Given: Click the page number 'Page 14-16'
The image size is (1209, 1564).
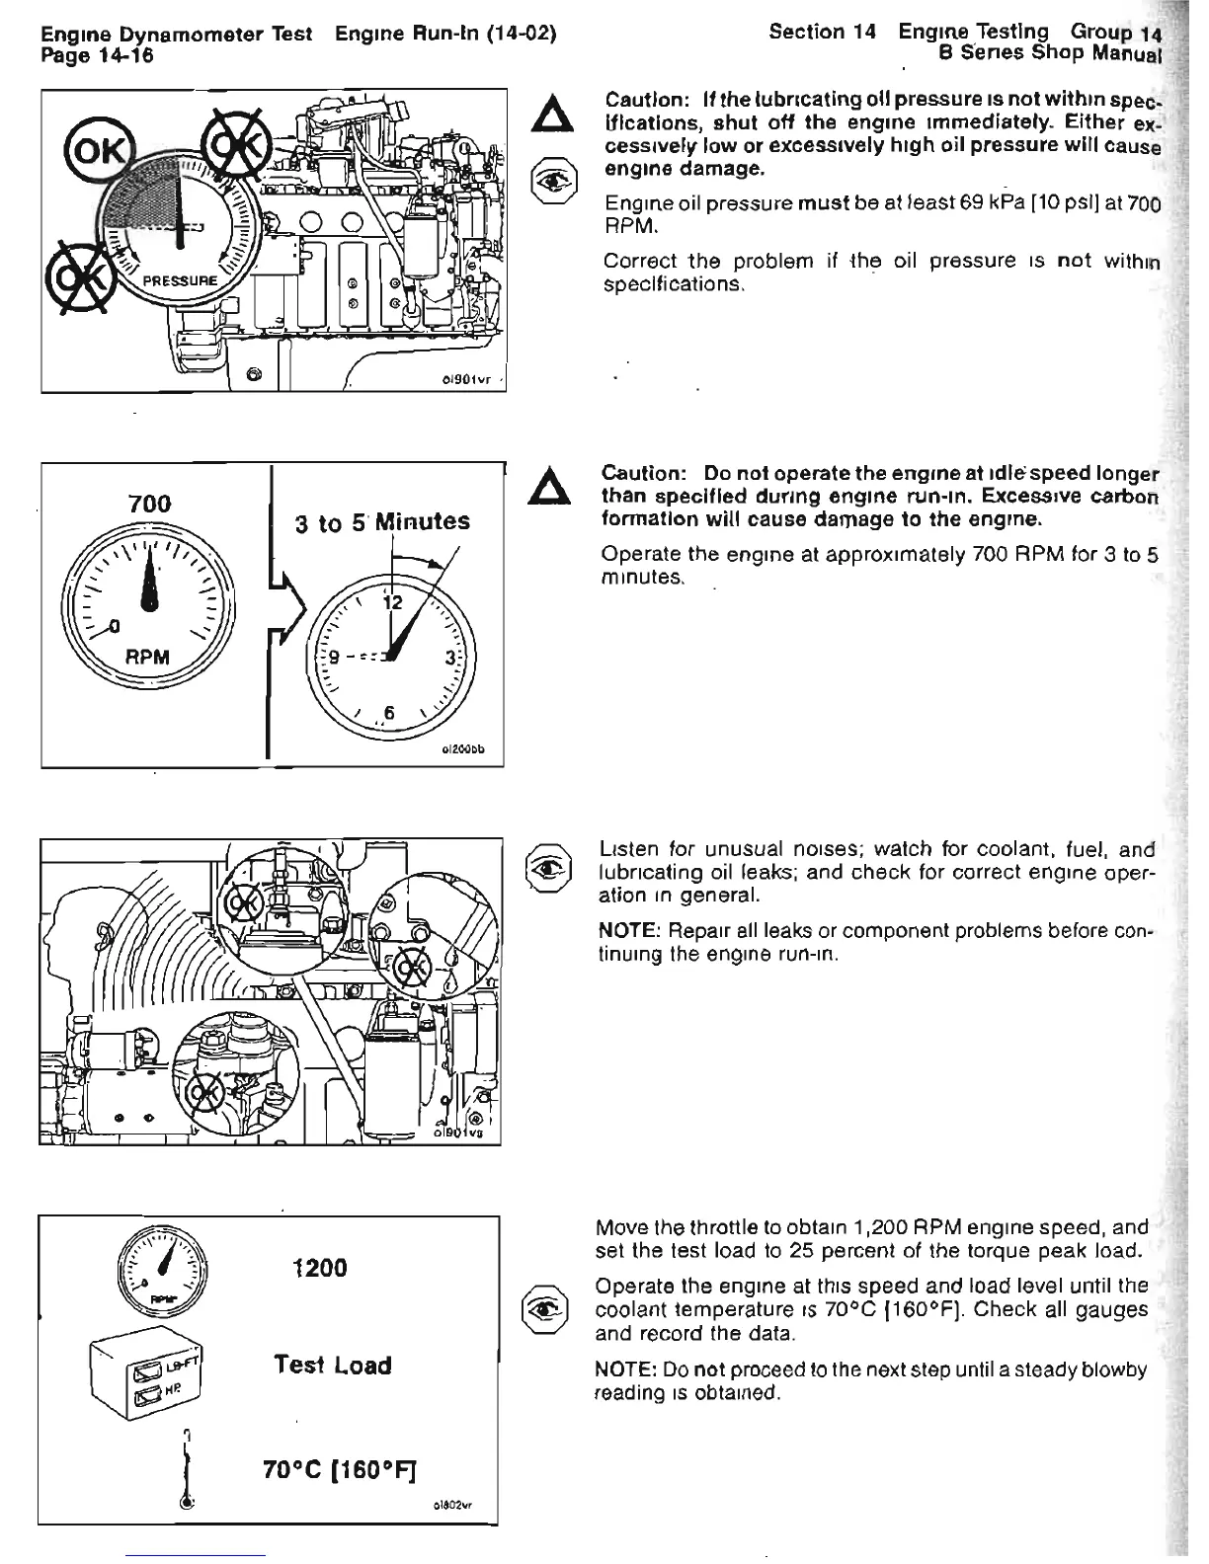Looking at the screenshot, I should click(x=97, y=57).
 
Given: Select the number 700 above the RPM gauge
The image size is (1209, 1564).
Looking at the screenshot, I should click(x=150, y=504).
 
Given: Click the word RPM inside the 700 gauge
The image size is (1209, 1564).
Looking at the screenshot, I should click(x=148, y=657).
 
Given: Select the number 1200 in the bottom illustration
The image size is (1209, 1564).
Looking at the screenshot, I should click(x=321, y=1267).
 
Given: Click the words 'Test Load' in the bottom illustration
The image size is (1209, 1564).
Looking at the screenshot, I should click(x=332, y=1366).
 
